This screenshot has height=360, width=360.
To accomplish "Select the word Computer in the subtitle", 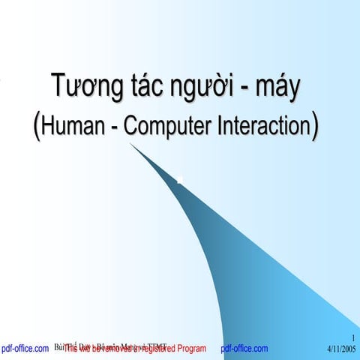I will (x=158, y=126).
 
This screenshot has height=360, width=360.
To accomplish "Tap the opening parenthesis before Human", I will (x=37, y=125).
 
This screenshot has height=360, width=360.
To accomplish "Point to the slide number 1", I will (x=352, y=339).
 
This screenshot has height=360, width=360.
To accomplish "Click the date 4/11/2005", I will (x=342, y=349).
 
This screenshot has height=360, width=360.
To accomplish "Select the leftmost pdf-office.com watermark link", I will (x=25, y=349).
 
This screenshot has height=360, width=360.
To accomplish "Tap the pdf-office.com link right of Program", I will (x=244, y=349).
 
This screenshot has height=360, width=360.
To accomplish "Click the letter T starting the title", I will (x=55, y=88).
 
